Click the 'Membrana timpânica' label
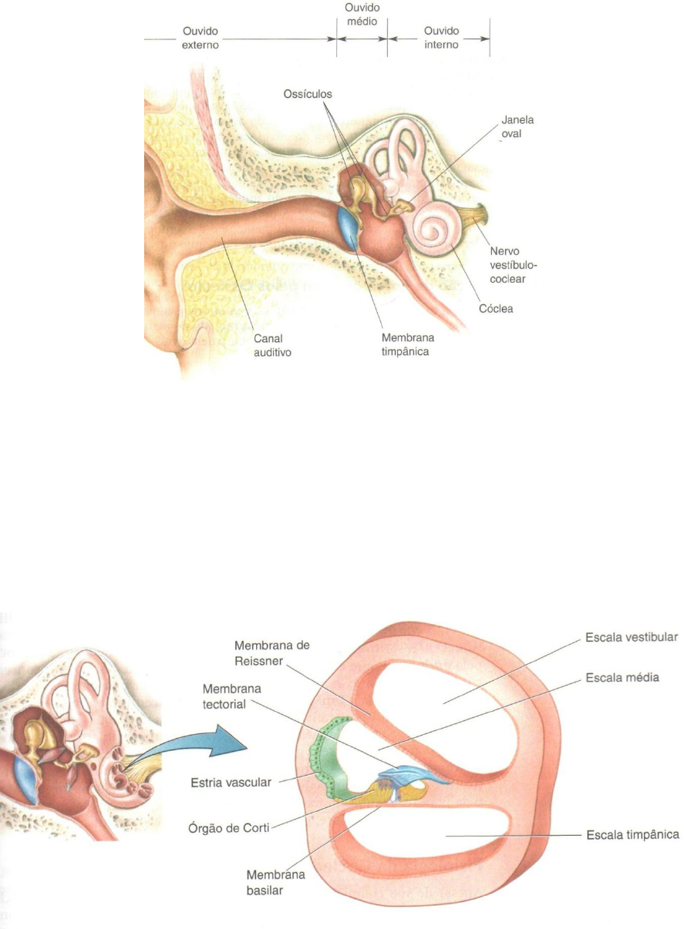[x=407, y=344]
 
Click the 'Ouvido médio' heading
[x=362, y=15]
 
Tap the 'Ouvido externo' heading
[x=201, y=37]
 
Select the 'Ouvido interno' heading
[x=441, y=37]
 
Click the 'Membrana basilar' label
[x=275, y=883]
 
